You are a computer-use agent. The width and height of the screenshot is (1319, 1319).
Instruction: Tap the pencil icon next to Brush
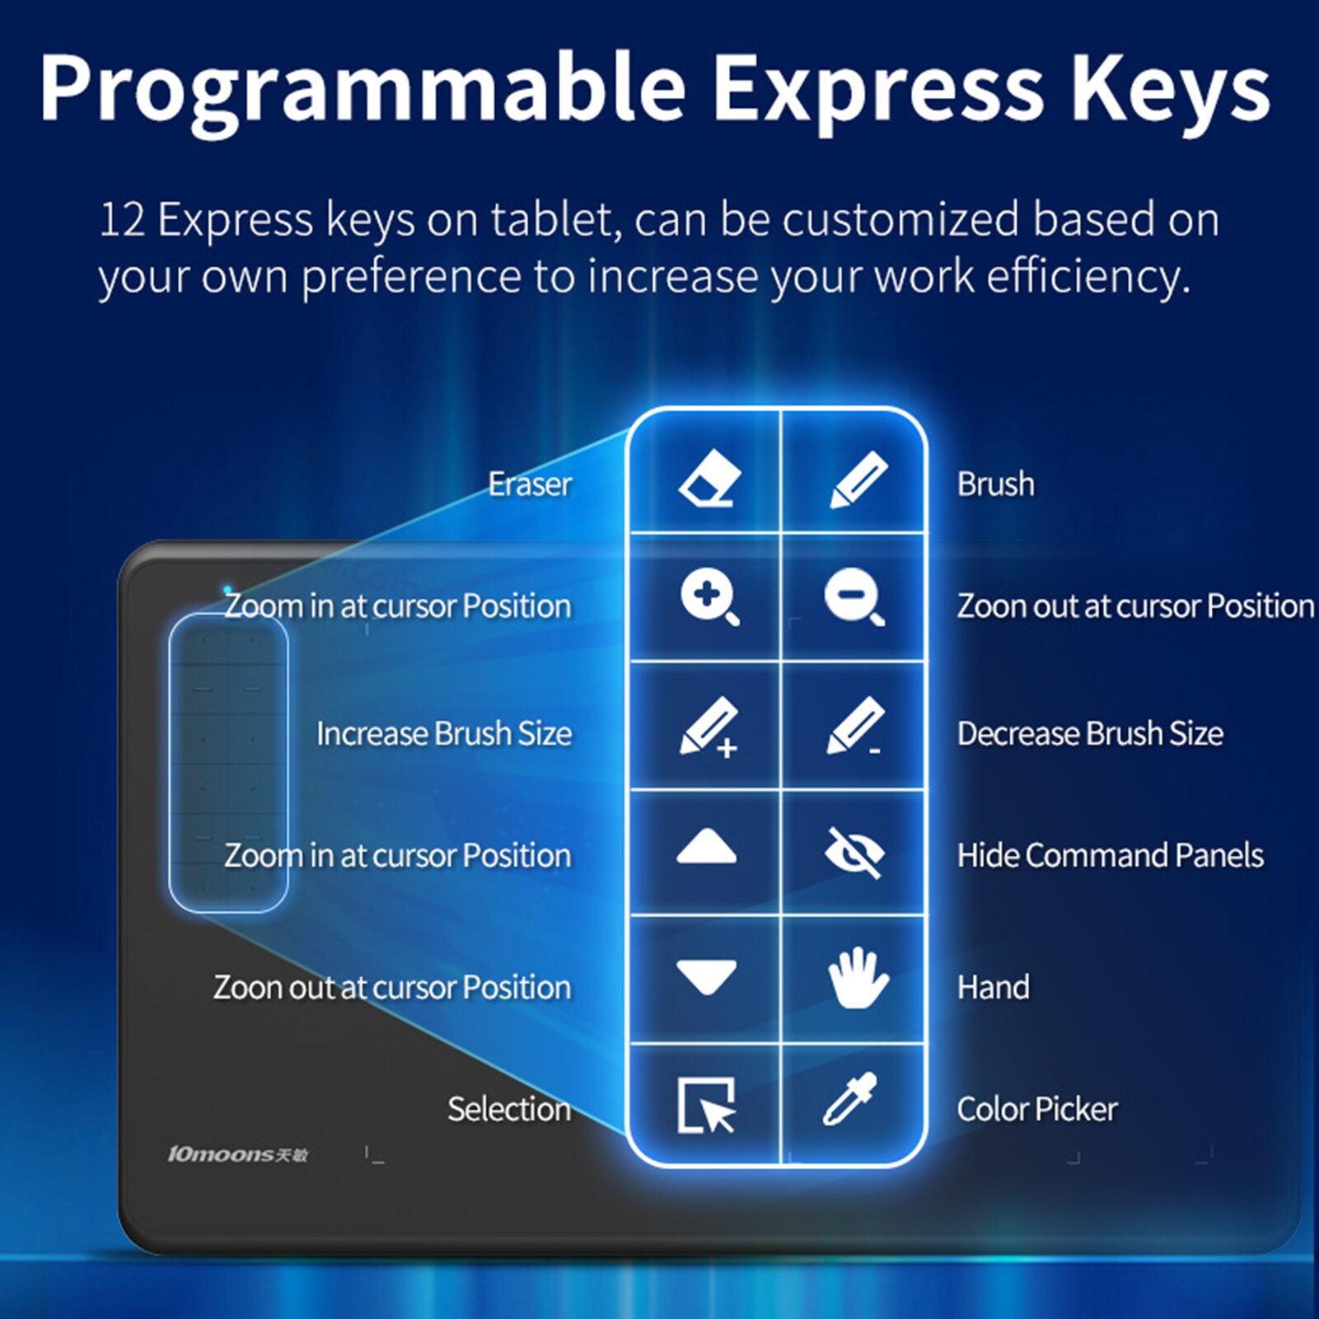coord(858,479)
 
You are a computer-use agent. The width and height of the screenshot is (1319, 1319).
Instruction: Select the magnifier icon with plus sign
coord(709,599)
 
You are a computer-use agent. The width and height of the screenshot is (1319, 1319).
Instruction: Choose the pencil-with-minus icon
coord(855,725)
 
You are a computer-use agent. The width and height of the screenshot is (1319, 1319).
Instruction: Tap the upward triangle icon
coord(706,847)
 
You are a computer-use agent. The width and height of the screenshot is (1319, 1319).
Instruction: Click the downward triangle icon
coord(706,977)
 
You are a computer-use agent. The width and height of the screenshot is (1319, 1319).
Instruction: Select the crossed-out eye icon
coord(854,853)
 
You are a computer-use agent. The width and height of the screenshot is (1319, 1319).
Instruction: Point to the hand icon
coord(858,977)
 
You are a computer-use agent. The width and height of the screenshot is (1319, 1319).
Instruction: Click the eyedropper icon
coord(850,1099)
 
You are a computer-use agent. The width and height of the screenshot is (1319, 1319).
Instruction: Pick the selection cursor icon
coord(706,1105)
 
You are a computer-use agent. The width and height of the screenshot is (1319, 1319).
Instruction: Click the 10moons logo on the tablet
coord(237,1154)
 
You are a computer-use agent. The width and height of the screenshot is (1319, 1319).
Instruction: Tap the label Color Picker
coord(1037,1109)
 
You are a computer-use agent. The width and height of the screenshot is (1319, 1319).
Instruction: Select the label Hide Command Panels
coord(1110,855)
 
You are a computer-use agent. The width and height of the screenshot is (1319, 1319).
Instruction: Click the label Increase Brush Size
coord(444,733)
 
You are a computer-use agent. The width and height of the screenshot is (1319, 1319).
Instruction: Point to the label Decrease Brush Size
coord(1090,733)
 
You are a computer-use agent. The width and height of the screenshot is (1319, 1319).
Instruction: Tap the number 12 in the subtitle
coord(122,221)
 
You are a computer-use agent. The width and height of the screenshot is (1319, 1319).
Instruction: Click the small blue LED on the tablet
coord(227,590)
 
